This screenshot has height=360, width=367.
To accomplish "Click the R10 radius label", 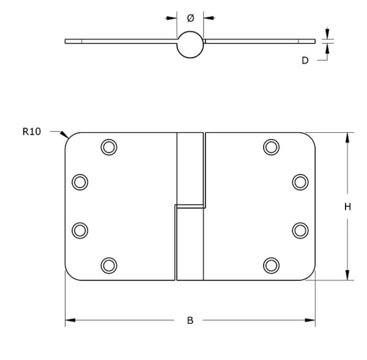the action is (x=32, y=132).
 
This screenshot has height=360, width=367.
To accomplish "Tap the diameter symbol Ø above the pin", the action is (x=190, y=18).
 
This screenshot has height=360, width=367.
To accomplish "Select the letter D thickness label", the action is (x=305, y=61).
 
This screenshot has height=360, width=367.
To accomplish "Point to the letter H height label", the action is (x=347, y=207).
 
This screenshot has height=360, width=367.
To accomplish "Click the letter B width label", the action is (x=190, y=320).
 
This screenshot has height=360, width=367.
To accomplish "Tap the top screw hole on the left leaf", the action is (x=109, y=147).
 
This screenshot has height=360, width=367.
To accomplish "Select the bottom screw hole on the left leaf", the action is (x=109, y=265).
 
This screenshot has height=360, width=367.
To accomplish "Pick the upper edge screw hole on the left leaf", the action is (x=80, y=182).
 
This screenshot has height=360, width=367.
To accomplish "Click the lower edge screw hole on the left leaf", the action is (x=80, y=230).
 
